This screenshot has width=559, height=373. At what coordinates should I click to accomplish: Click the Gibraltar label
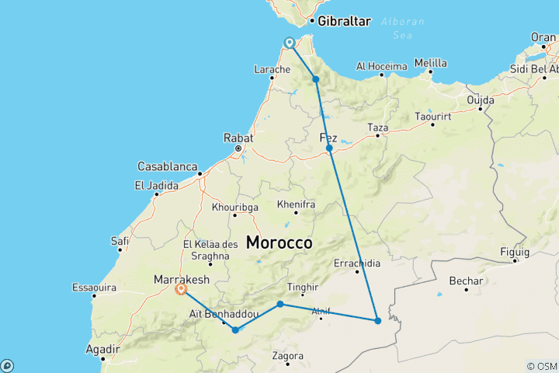(x=343, y=21)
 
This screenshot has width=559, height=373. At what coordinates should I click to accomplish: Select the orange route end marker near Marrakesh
(x=181, y=289)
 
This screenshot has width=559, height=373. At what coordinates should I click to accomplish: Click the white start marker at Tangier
(x=289, y=43)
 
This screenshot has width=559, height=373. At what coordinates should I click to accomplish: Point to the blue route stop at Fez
(x=329, y=148)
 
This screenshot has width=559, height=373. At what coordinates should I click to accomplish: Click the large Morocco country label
(x=279, y=242)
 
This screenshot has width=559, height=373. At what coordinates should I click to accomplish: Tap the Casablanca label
(x=167, y=166)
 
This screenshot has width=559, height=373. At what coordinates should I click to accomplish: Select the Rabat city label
(x=239, y=138)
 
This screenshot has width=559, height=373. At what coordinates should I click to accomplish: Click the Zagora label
(x=288, y=356)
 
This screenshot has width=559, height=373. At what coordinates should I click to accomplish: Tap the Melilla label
(x=431, y=63)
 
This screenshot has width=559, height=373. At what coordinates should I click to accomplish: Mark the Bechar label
(x=466, y=281)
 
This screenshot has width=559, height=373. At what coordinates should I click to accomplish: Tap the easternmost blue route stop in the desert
(x=377, y=320)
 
